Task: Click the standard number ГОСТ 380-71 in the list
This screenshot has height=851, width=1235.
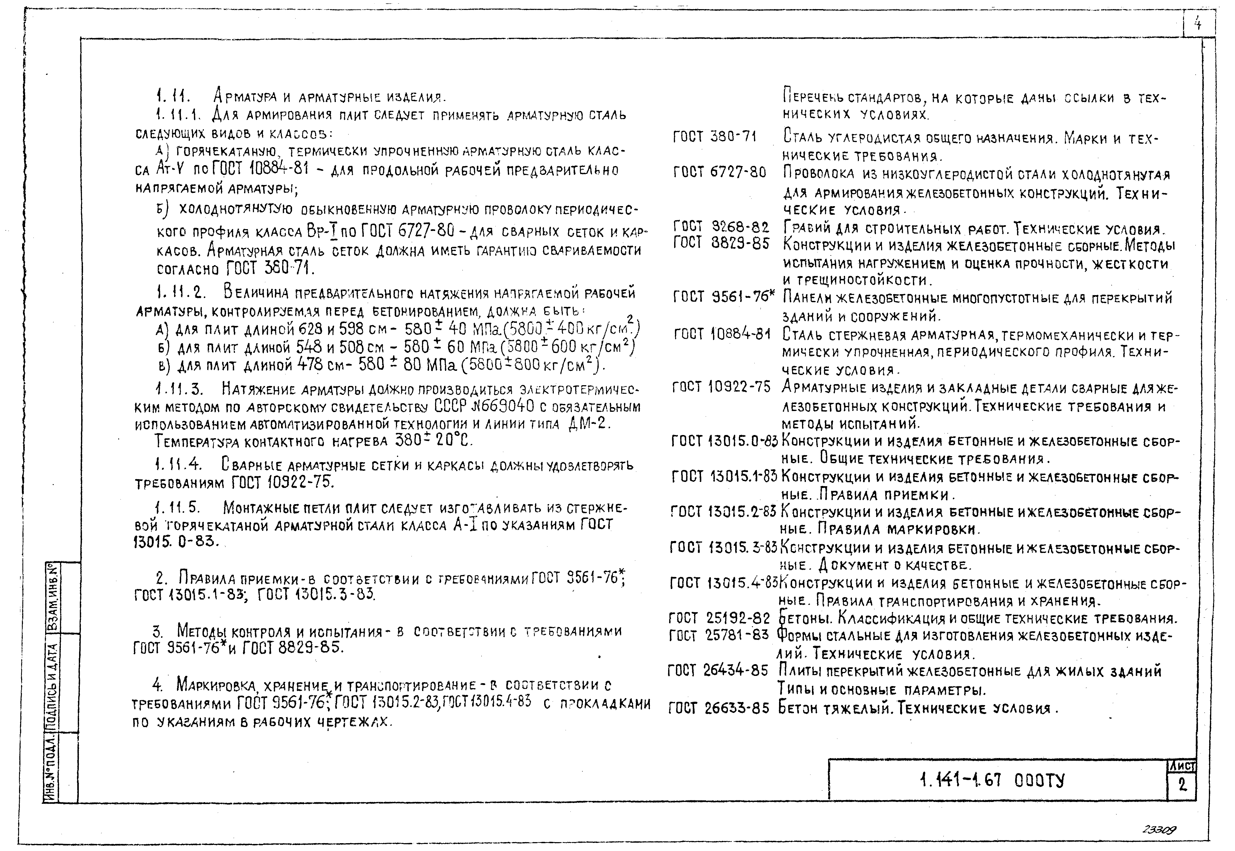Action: [715, 137]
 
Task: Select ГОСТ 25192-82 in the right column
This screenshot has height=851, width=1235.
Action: [719, 618]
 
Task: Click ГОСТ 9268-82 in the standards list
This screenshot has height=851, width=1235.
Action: [721, 228]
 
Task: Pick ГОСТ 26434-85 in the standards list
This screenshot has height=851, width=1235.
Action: [718, 671]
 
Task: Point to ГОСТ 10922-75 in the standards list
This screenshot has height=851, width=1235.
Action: [721, 387]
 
